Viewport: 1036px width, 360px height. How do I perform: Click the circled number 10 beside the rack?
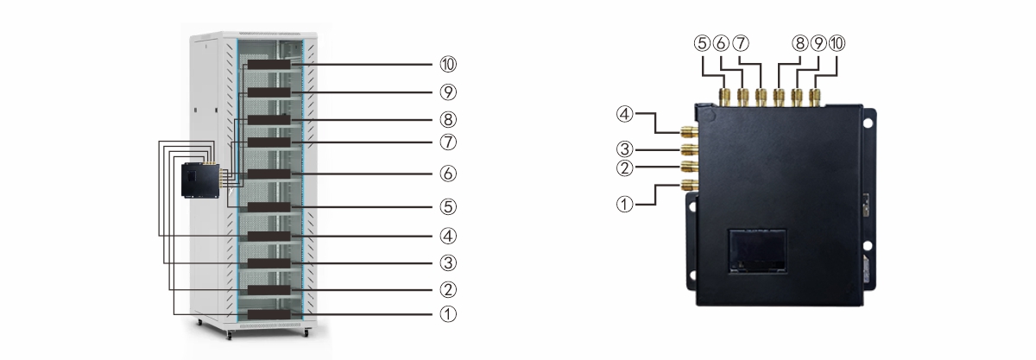(448, 65)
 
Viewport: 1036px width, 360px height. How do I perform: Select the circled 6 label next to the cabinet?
(448, 174)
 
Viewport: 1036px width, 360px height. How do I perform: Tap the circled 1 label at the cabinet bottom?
(448, 314)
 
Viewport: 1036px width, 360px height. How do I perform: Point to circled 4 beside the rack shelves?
(448, 236)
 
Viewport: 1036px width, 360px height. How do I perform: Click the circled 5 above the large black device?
(702, 43)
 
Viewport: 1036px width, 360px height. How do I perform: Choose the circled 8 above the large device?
(799, 43)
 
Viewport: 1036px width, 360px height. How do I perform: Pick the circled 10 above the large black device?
(837, 43)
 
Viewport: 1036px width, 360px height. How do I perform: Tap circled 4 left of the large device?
(624, 114)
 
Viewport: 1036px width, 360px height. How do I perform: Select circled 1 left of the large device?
(624, 204)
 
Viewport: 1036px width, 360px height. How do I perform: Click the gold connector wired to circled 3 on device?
(690, 149)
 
